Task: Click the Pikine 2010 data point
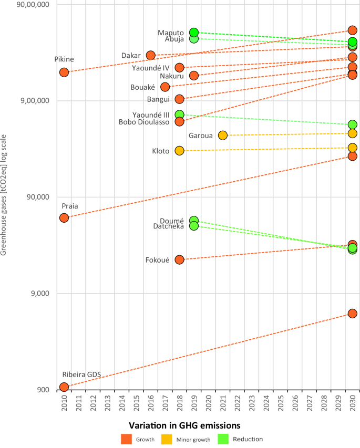[64, 72]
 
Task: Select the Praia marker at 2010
[64, 218]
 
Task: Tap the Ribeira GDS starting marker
[64, 387]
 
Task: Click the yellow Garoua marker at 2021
[223, 135]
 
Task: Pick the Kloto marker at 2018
[179, 151]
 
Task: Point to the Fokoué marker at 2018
[179, 260]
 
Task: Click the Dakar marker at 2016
[151, 55]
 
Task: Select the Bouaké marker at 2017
[165, 87]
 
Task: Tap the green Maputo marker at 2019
[194, 32]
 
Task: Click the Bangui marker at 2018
[179, 99]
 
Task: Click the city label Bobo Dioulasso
[144, 122]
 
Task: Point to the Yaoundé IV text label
[150, 68]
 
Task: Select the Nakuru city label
[171, 76]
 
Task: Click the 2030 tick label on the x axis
[353, 403]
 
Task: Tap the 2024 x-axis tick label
[266, 403]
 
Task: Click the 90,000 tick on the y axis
[38, 197]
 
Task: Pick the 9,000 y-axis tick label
[40, 294]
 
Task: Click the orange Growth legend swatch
[126, 439]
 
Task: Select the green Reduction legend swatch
[223, 439]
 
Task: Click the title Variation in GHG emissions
[184, 425]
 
